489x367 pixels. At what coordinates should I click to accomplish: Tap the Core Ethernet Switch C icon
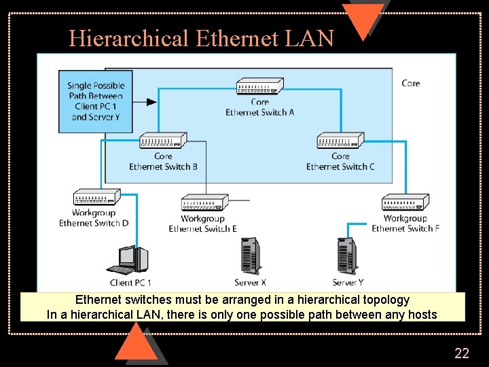[x=340, y=141]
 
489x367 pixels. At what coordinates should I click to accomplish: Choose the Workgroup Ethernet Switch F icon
[x=405, y=203]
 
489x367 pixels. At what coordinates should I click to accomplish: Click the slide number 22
[x=461, y=353]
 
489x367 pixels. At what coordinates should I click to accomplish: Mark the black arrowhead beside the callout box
[x=151, y=102]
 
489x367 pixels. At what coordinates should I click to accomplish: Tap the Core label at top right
[x=411, y=83]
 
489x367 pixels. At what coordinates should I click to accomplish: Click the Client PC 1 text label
[x=130, y=283]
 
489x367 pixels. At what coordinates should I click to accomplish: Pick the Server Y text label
[x=348, y=283]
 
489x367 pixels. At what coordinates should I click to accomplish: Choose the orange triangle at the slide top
[x=363, y=18]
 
